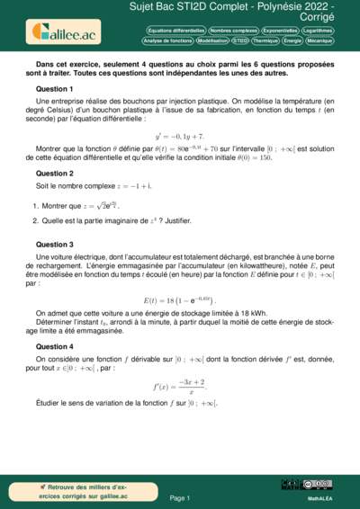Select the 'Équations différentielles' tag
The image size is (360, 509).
click(x=175, y=31)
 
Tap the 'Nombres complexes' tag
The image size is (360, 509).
click(x=232, y=31)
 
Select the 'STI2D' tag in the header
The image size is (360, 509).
click(x=240, y=40)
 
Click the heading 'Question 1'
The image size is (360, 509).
click(x=54, y=90)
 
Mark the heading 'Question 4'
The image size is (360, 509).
click(x=54, y=346)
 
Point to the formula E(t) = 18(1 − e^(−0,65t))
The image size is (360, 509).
click(x=180, y=299)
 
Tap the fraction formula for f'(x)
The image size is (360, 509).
click(x=180, y=388)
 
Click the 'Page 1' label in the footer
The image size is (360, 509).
click(x=179, y=496)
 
